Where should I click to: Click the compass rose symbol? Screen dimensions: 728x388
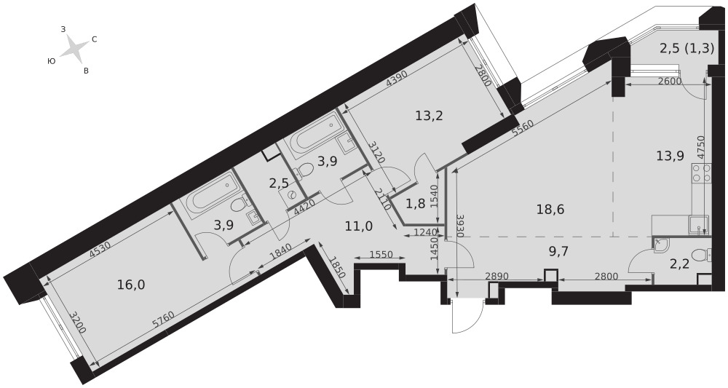pyautogui.click(x=74, y=48)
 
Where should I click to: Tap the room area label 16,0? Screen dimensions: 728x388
pyautogui.click(x=131, y=285)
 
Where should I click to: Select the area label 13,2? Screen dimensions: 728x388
pyautogui.click(x=429, y=116)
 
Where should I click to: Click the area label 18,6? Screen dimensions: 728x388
pyautogui.click(x=550, y=210)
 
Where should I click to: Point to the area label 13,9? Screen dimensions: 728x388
pyautogui.click(x=670, y=156)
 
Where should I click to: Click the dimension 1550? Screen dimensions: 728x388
pyautogui.click(x=381, y=254)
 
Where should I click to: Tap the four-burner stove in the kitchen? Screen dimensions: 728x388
pyautogui.click(x=701, y=173)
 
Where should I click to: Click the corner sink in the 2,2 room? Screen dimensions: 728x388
pyautogui.click(x=661, y=245)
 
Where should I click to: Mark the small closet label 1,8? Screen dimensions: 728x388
pyautogui.click(x=415, y=204)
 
